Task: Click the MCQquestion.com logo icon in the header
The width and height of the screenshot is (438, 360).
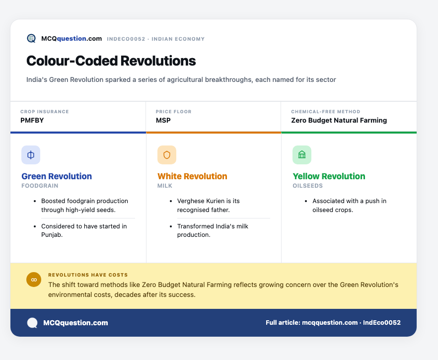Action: [x=31, y=38]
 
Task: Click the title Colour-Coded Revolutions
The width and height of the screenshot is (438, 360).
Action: [x=111, y=61]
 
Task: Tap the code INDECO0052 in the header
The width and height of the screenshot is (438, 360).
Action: [x=126, y=39]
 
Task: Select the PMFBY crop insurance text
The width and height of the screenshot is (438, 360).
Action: [x=32, y=120]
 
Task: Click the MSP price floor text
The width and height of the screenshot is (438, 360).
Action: [x=163, y=120]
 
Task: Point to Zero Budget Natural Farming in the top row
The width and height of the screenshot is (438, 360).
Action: [x=339, y=120]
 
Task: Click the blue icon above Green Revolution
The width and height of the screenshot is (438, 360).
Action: [x=31, y=155]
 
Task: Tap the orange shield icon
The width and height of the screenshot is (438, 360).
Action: [x=167, y=155]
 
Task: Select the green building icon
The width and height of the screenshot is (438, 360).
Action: [x=302, y=155]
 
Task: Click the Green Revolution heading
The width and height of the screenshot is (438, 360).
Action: [x=57, y=176]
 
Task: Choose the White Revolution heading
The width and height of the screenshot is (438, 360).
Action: [x=192, y=176]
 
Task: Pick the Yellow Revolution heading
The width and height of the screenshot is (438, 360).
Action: [x=329, y=176]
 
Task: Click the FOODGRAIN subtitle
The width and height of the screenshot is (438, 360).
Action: [x=40, y=186]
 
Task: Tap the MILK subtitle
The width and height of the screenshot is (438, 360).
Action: [x=165, y=186]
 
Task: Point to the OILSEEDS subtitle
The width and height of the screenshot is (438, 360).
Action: [x=307, y=186]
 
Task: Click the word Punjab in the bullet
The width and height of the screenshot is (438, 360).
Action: [x=51, y=235]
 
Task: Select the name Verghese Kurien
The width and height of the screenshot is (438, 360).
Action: [x=201, y=201]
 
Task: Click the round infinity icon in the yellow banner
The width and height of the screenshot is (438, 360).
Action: [x=34, y=280]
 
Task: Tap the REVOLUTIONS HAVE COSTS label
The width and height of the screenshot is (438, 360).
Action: [x=88, y=275]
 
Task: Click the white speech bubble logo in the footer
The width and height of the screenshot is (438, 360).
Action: [x=32, y=323]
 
